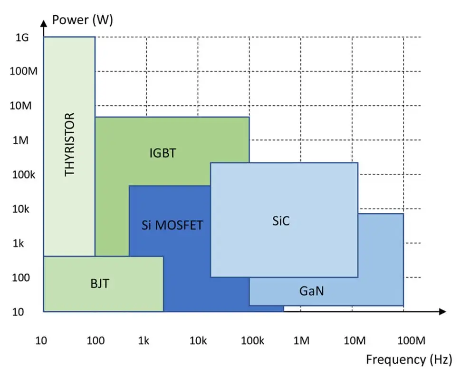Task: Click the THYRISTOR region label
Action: (x=70, y=145)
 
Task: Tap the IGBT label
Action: (x=163, y=153)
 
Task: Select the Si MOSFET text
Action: (x=173, y=225)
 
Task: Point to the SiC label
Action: (x=281, y=221)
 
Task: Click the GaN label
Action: (x=312, y=291)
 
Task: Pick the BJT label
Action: (x=100, y=284)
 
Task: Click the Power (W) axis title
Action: (x=83, y=20)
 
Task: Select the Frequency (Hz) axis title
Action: (x=409, y=359)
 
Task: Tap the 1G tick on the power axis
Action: (x=22, y=38)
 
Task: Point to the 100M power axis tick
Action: (x=23, y=71)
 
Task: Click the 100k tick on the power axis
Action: (x=23, y=175)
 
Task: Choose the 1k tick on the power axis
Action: (x=18, y=244)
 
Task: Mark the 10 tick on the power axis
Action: (x=18, y=312)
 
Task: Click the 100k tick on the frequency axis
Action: (x=252, y=341)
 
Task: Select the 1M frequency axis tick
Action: (x=301, y=341)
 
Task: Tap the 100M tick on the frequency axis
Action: (x=411, y=341)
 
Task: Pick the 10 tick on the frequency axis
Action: (x=41, y=341)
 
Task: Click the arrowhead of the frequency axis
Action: (x=443, y=312)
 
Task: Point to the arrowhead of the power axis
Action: (x=44, y=24)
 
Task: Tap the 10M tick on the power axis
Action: (x=20, y=106)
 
